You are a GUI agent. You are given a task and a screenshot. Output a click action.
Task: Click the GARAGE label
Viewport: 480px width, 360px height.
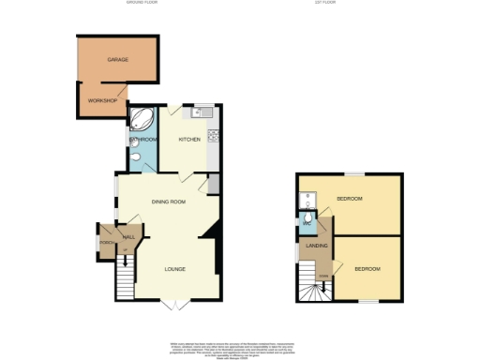coord(117,59)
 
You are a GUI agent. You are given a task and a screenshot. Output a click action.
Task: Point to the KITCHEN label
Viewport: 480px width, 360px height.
coord(189,140)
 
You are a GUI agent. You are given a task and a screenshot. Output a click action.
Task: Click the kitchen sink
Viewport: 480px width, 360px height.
coord(198,113)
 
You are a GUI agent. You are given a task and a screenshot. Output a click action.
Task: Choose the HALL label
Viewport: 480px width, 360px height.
coord(128,237)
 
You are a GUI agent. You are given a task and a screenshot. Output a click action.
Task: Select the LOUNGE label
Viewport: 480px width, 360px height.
coord(175,269)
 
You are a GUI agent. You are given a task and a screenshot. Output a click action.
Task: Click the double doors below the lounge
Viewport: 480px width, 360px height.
coord(170,305)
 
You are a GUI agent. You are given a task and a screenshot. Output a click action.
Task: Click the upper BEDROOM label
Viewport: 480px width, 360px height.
coord(350,199)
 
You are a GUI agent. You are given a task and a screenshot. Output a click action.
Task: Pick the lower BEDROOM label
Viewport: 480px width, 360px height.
coord(367,269)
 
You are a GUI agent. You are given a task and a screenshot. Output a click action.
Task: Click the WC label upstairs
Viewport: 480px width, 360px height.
coord(307,224)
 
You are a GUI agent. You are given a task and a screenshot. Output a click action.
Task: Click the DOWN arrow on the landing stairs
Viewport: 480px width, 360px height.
coord(323,275)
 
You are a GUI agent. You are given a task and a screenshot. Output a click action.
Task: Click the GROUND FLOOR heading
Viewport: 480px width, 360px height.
coord(143,3)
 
